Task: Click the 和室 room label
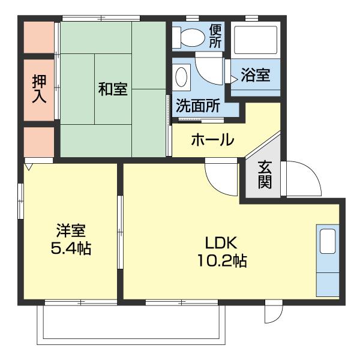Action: pyautogui.click(x=113, y=89)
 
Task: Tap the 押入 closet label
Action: pyautogui.click(x=39, y=89)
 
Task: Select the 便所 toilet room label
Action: pyautogui.click(x=215, y=36)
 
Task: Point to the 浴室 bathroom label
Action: pyautogui.click(x=256, y=74)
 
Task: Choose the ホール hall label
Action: pyautogui.click(x=212, y=140)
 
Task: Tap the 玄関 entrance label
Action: pyautogui.click(x=265, y=175)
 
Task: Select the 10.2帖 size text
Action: pyautogui.click(x=223, y=261)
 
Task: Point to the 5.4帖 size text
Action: pyautogui.click(x=71, y=248)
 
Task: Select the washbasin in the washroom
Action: pyautogui.click(x=182, y=77)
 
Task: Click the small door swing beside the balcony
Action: pyautogui.click(x=272, y=312)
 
